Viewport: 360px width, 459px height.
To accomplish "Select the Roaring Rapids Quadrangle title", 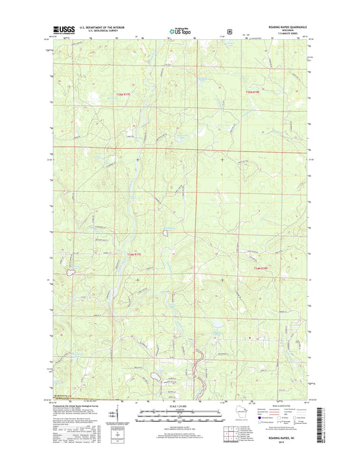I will click(278, 28).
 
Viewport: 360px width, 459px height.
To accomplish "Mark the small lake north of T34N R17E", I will click(165, 233).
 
